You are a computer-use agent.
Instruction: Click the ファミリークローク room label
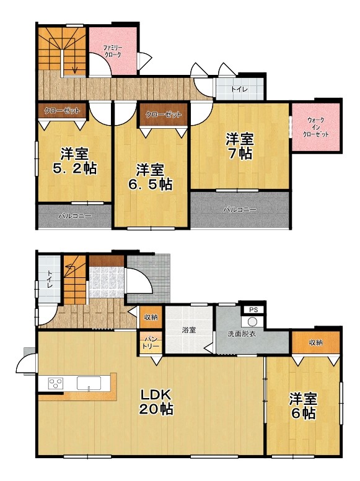113,51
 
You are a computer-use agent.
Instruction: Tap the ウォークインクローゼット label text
316,128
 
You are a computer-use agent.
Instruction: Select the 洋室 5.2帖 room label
74,161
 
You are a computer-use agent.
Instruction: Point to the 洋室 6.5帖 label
150,177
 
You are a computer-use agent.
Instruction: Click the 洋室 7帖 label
240,146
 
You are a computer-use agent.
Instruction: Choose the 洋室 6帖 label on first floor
303,407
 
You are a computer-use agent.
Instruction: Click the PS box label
253,310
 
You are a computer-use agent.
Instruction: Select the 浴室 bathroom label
188,331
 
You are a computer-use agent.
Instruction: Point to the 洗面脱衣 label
242,334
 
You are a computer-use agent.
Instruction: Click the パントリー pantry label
151,343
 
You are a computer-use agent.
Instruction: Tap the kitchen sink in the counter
89,383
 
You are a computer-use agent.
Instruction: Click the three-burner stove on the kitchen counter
56,383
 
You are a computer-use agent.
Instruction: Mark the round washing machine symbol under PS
252,322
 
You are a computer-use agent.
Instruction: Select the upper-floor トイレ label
239,90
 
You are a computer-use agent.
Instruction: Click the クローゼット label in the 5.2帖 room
62,110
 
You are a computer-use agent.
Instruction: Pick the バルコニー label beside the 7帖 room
240,210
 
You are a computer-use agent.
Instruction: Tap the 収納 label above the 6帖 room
316,342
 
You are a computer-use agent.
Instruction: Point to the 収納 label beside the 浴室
151,317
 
